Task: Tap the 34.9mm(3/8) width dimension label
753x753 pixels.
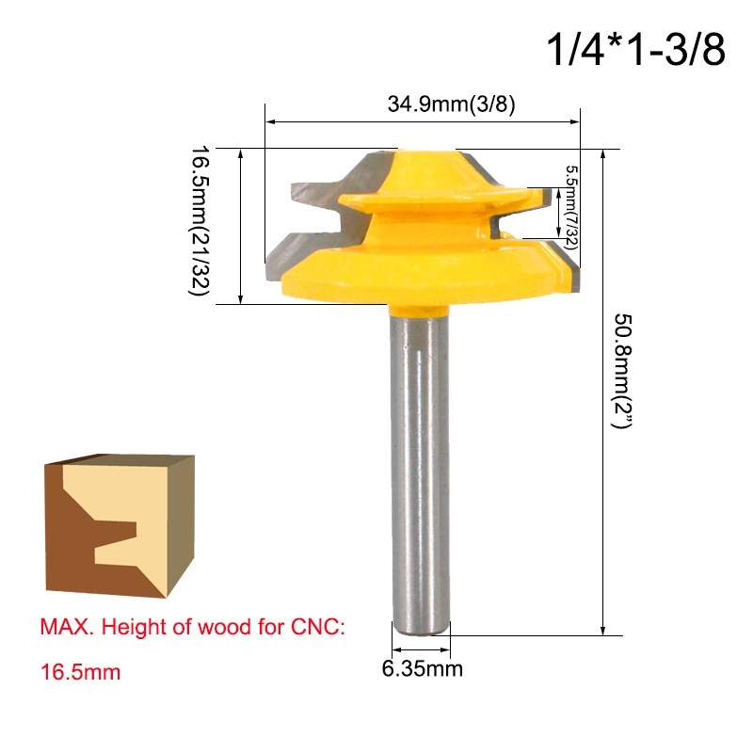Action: [x=451, y=104]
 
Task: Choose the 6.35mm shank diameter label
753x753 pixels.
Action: [x=422, y=670]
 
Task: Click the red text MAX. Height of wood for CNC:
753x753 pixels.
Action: [x=193, y=628]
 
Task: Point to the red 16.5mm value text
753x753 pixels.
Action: [x=80, y=673]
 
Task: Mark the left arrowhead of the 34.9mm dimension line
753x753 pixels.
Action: [x=270, y=121]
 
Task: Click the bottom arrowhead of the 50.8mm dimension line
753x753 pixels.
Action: [x=602, y=630]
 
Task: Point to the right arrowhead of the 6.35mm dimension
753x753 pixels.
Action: [x=446, y=651]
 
